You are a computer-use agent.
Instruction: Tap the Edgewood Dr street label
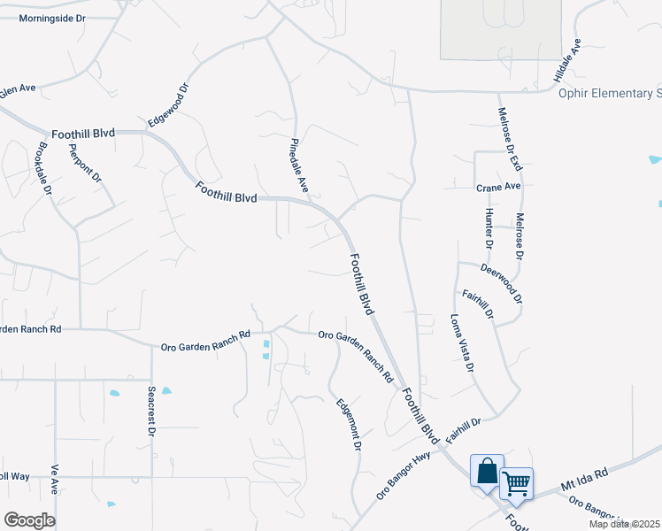point(169,104)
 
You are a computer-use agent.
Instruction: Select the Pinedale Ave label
point(299,165)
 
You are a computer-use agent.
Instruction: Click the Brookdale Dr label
point(45,168)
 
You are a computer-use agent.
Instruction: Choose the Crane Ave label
point(498,187)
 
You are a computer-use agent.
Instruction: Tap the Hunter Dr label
point(488,229)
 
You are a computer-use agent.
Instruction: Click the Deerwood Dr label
point(501,281)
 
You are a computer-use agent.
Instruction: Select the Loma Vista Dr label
point(463,342)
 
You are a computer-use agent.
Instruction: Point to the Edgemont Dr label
point(349,425)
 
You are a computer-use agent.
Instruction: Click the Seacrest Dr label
point(151,411)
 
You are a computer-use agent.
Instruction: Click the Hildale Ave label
point(566,61)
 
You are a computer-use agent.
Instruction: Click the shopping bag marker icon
point(487,471)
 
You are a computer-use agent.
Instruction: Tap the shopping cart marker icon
point(516,483)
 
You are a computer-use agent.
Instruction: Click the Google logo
point(29,520)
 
